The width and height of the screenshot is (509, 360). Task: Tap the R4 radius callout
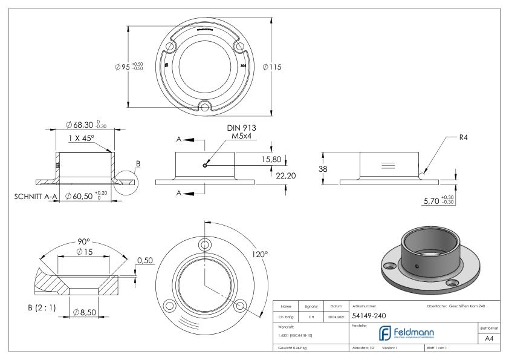pyautogui.click(x=464, y=137)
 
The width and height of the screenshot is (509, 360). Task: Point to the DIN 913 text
pyautogui.click(x=242, y=128)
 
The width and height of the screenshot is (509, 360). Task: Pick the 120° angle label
pyautogui.click(x=259, y=255)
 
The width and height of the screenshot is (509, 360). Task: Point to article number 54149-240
pyautogui.click(x=369, y=315)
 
